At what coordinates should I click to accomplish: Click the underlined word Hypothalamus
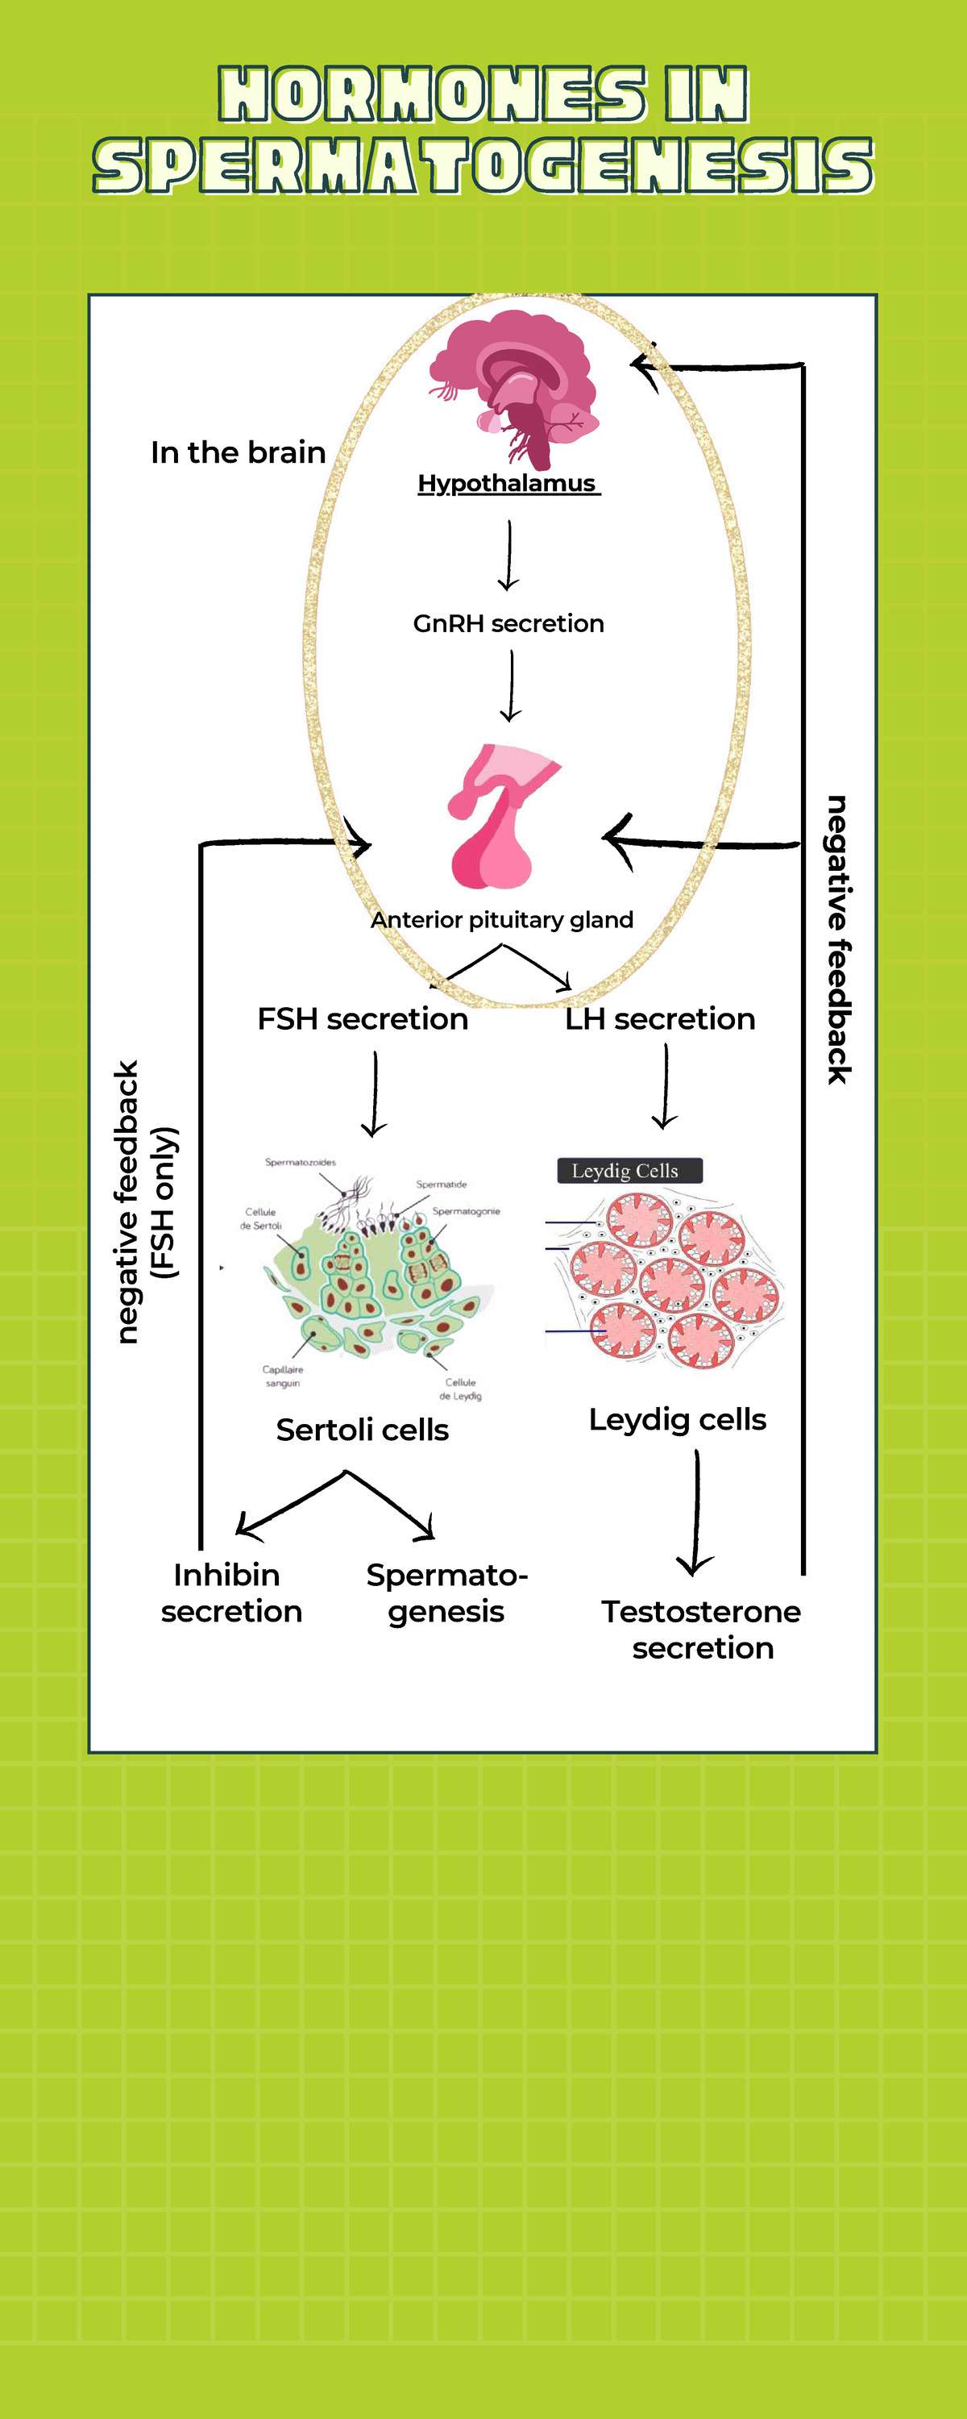(x=507, y=483)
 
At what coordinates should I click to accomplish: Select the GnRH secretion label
(x=508, y=623)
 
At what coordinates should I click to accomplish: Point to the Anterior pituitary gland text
(x=502, y=919)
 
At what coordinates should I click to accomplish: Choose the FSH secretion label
(x=363, y=1019)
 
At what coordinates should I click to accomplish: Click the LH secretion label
(x=660, y=1019)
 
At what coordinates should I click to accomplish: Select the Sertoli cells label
(x=363, y=1430)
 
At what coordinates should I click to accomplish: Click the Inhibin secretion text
(x=231, y=1593)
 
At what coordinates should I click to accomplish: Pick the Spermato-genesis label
(x=447, y=1593)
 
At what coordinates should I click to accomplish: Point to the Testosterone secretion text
(x=701, y=1630)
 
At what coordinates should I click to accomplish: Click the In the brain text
(x=238, y=452)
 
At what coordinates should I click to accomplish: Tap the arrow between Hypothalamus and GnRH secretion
(x=508, y=555)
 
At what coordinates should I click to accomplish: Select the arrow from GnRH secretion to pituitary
(x=511, y=686)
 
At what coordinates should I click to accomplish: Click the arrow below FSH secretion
(x=375, y=1093)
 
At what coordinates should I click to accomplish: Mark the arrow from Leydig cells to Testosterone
(x=695, y=1512)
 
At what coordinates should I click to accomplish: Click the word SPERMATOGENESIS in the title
(x=483, y=165)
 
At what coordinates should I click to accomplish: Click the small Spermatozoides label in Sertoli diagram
(x=300, y=1162)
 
